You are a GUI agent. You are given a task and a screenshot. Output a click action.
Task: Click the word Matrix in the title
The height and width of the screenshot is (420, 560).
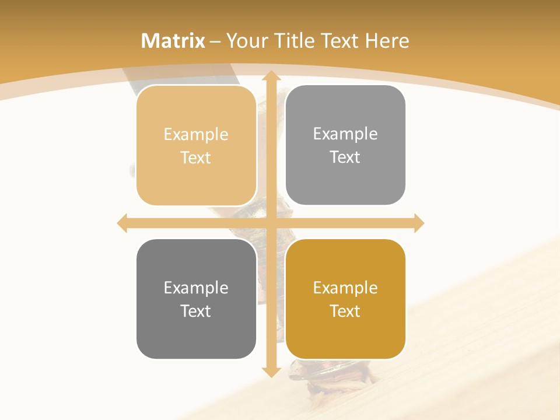coord(173,41)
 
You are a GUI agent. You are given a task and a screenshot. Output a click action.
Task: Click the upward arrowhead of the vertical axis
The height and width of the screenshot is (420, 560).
coord(270,75)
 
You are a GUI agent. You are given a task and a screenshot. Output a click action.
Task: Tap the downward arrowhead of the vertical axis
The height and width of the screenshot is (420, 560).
coord(270,372)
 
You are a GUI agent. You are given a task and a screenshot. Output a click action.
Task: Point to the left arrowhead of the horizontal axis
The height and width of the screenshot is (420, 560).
coord(122,223)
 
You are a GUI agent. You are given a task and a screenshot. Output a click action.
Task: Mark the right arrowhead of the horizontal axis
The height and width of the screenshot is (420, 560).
coord(419,223)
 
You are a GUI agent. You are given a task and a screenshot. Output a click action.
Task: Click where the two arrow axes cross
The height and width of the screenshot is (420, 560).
coord(270,223)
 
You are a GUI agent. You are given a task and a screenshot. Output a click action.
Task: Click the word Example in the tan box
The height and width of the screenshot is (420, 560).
coord(196,134)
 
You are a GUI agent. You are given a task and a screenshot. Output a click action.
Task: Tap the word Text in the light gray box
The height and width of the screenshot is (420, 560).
coord(345,157)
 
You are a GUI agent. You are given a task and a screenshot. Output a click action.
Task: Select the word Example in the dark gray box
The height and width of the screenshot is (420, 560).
coord(196,288)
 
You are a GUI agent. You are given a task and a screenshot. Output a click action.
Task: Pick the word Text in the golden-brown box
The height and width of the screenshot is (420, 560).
coord(345,311)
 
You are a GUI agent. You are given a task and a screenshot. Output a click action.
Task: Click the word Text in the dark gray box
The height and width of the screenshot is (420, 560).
coord(196,311)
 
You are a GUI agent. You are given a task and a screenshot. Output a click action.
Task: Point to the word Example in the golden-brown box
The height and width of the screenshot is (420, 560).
coord(345,288)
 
